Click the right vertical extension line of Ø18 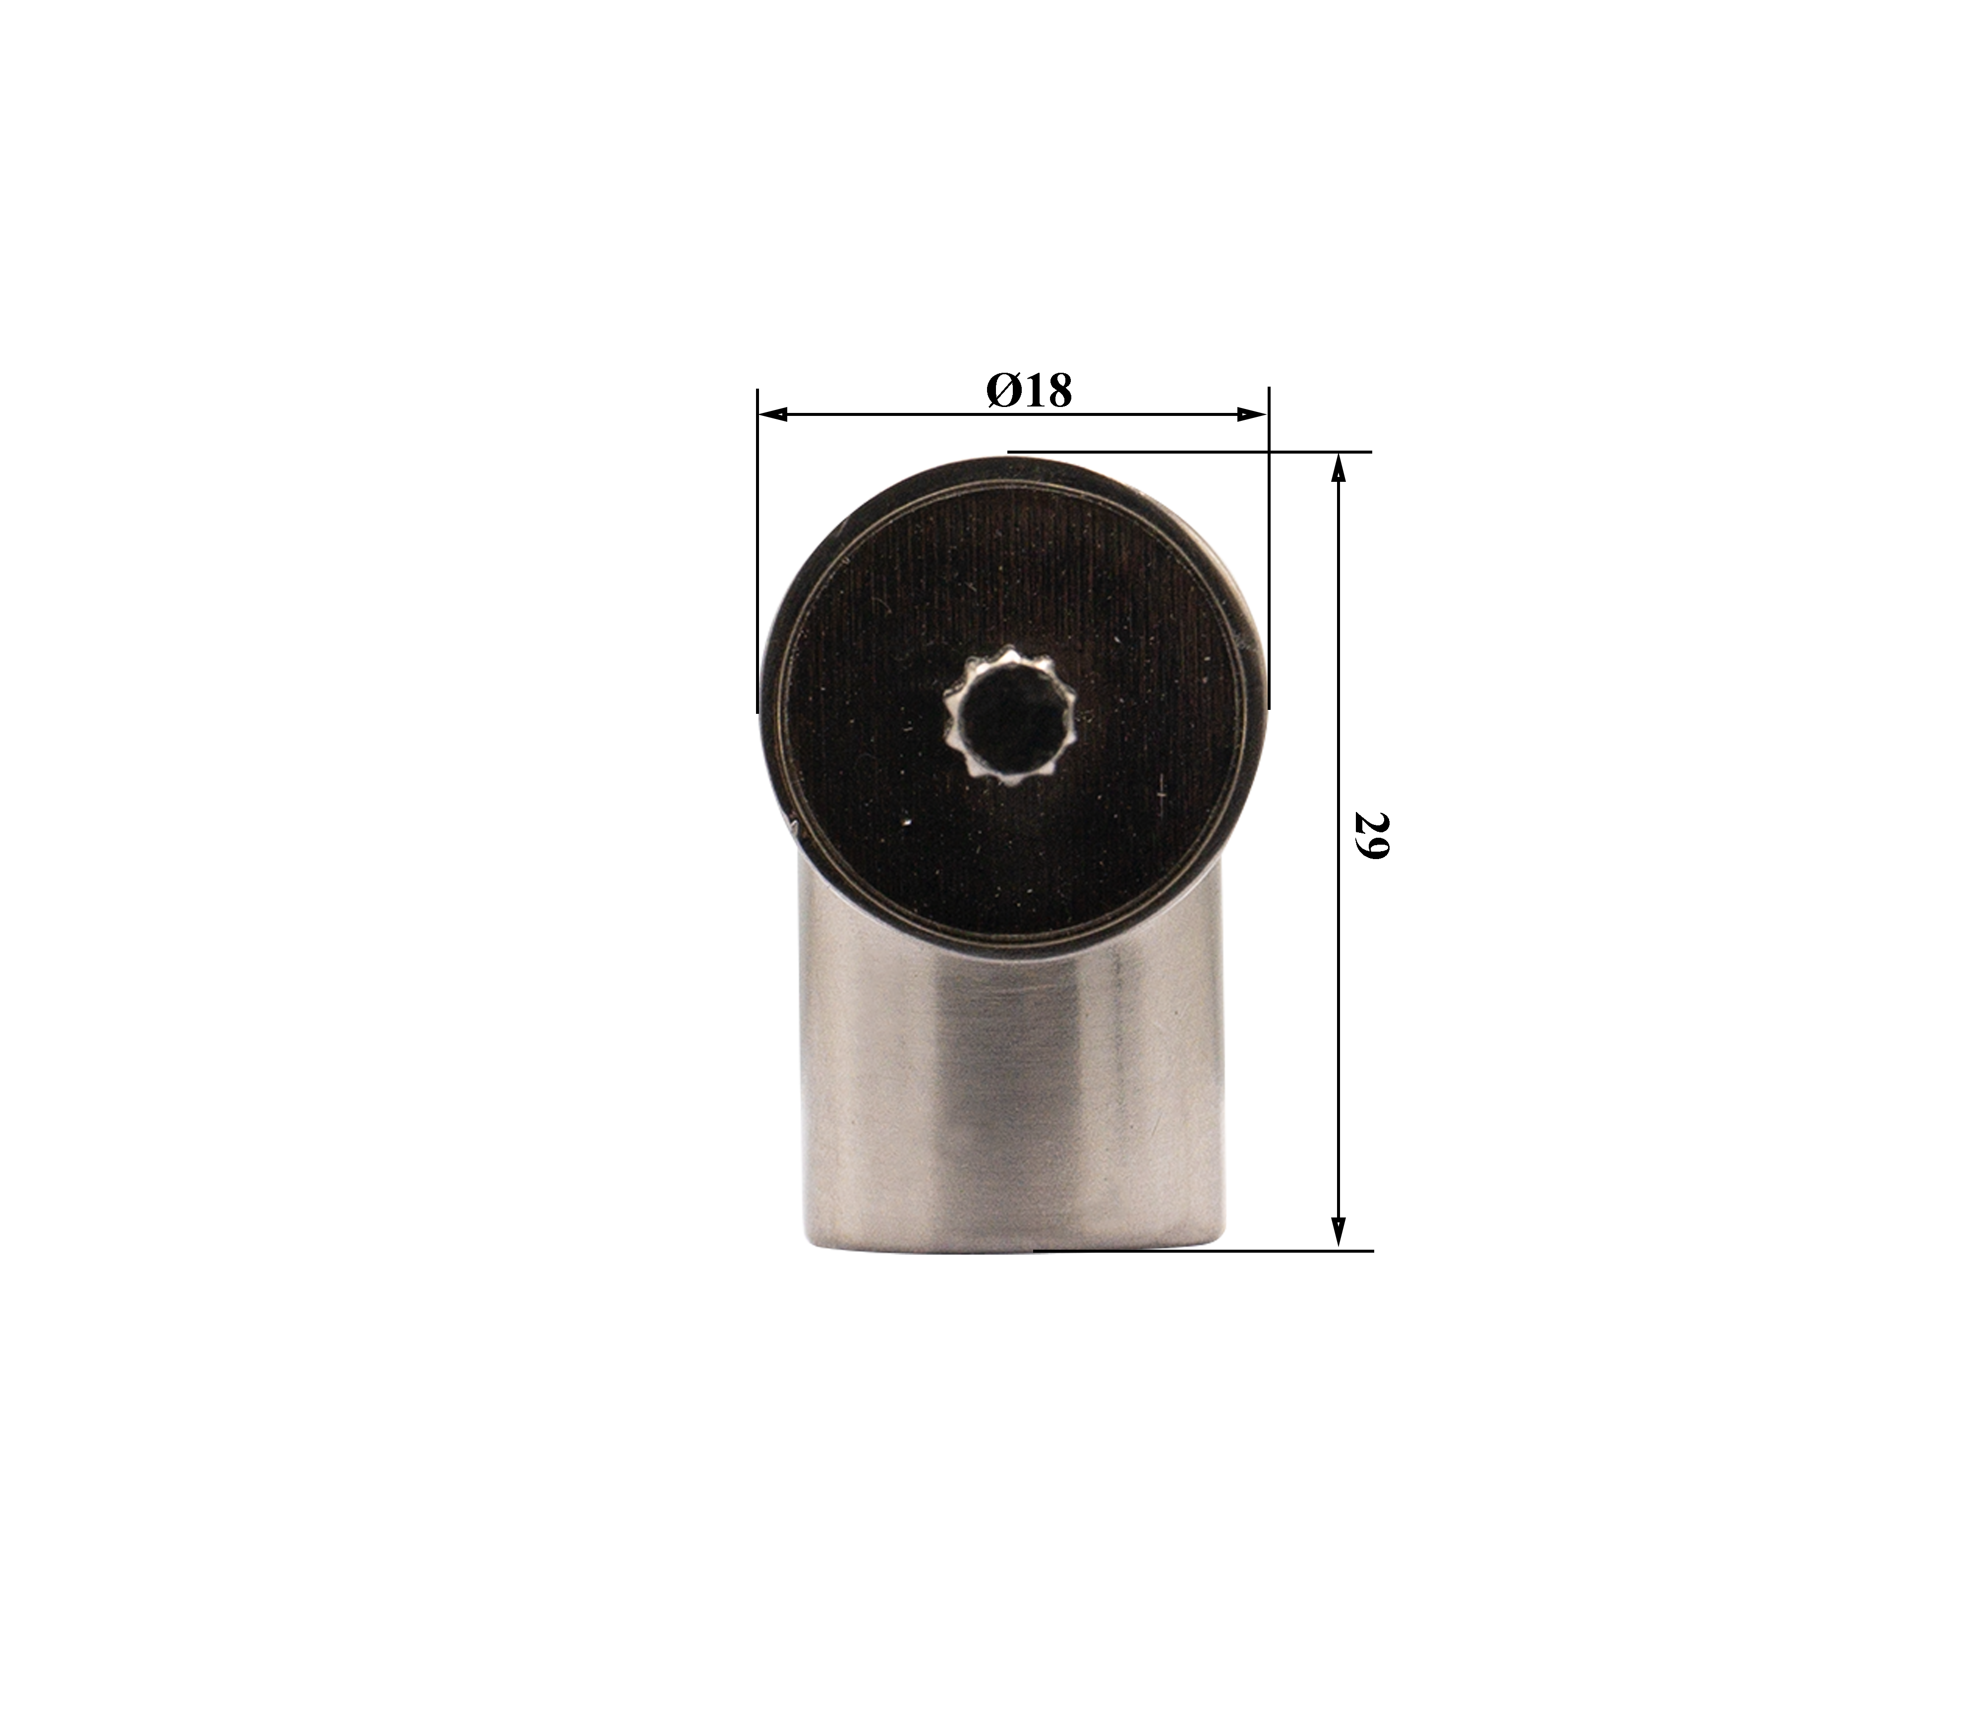tap(1269, 547)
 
